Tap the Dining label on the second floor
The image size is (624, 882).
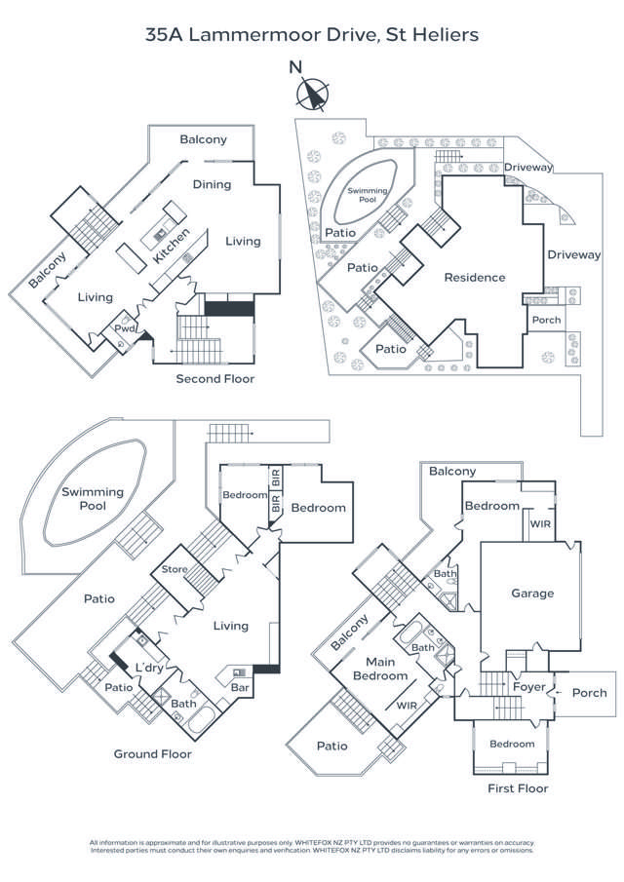[x=212, y=184]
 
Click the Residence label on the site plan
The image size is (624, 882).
[x=475, y=277]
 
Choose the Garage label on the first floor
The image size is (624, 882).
[x=532, y=593]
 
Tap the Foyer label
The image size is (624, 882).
[x=527, y=686]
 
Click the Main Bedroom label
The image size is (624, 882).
[x=380, y=670]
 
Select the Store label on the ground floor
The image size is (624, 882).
[x=175, y=569]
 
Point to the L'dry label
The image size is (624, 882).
[x=150, y=668]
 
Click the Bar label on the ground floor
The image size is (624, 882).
[x=240, y=688]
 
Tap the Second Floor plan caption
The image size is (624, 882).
[x=214, y=378]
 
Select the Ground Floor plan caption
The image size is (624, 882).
[x=153, y=753]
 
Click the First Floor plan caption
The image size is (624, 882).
[x=518, y=787]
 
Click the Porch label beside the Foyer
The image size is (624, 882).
[x=589, y=693]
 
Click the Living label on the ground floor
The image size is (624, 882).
[x=231, y=626]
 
